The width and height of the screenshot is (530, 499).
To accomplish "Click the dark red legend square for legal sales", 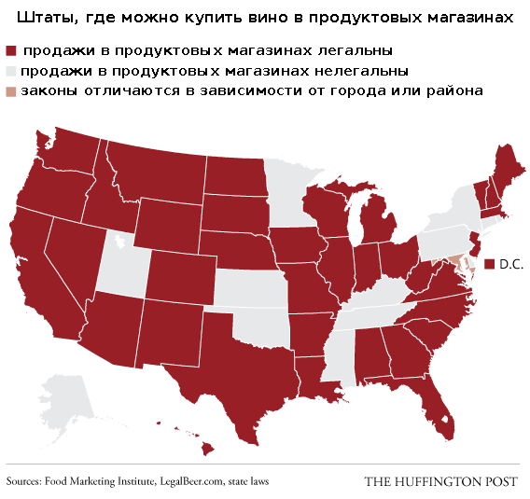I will tap(11, 51).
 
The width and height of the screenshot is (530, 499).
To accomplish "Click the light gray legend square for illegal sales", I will tap(11, 72).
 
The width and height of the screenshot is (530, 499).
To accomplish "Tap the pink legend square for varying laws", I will tap(11, 91).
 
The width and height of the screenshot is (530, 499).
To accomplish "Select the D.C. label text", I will tap(511, 265).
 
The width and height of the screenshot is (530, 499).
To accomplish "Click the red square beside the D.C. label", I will tap(489, 265).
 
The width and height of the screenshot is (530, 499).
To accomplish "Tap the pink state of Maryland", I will tap(455, 263).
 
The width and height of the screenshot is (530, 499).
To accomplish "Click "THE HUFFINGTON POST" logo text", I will tap(440, 481).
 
